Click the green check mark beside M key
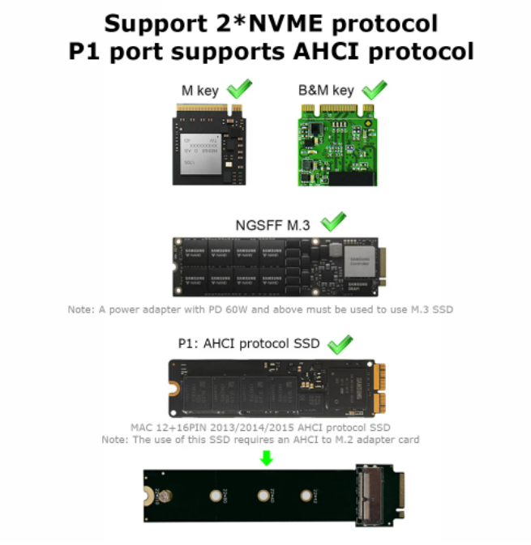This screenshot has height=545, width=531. point(240,87)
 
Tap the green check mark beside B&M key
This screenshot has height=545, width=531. point(374,87)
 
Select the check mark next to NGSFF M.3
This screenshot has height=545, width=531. point(333,220)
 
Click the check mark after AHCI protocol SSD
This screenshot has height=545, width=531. point(339,342)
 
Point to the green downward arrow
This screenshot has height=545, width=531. point(266,458)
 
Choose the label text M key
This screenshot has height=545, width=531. point(199,91)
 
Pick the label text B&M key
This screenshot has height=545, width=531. point(327,91)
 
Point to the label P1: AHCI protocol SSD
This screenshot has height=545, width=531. point(247,343)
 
